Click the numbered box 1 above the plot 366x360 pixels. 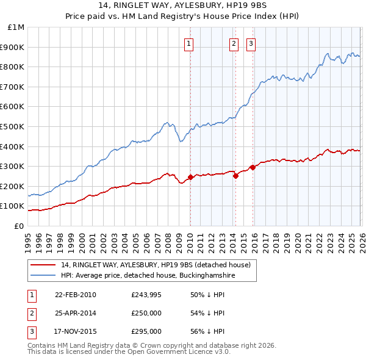point(190,43)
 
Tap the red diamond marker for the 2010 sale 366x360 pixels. point(190,178)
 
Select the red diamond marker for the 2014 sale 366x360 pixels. point(235,176)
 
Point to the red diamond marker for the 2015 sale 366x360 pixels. point(252,167)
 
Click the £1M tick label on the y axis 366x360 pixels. point(16,27)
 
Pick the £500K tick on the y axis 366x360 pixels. point(14,127)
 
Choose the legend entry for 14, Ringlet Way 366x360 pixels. point(156,265)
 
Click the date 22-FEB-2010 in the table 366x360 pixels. point(76,295)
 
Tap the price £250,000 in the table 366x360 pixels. point(146,314)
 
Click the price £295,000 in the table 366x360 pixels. point(146,332)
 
